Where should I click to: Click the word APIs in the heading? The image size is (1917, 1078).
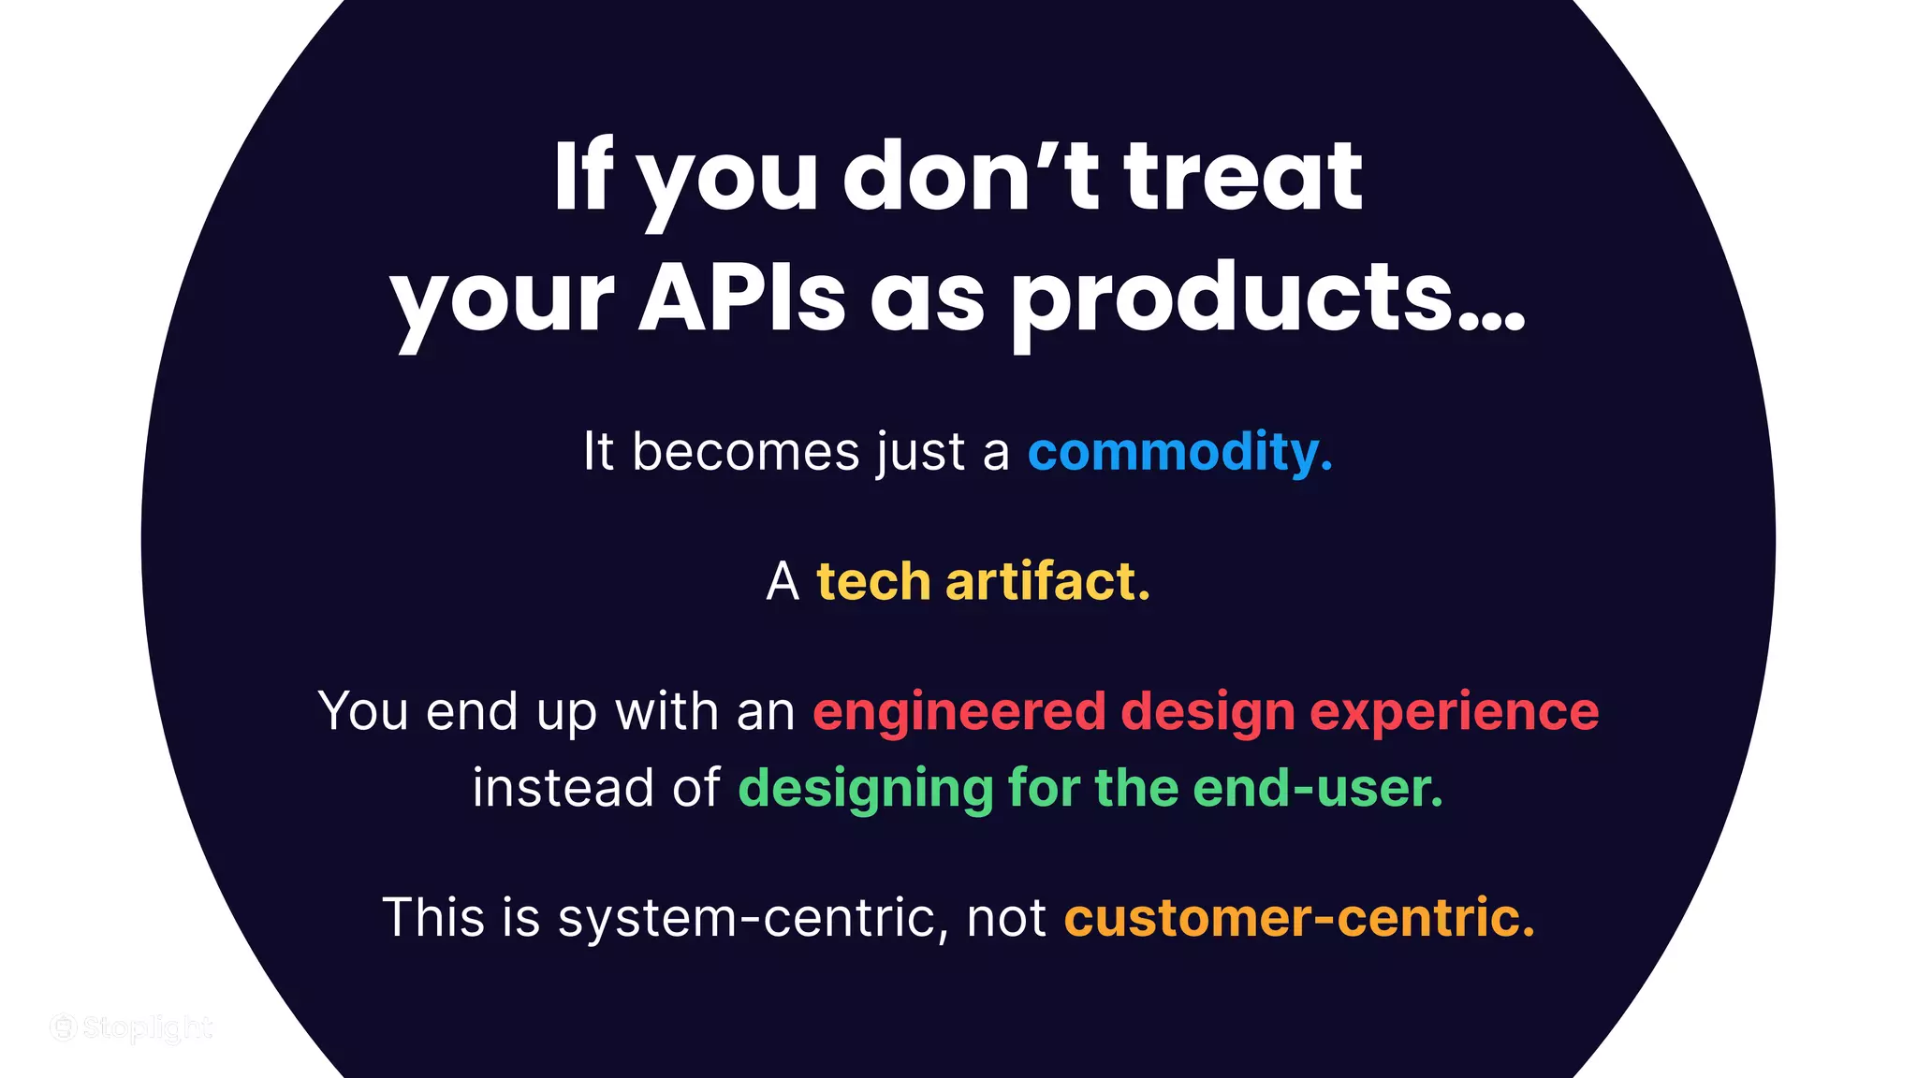point(741,297)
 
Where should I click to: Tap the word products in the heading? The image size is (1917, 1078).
point(1234,297)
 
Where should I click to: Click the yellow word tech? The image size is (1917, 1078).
point(873,581)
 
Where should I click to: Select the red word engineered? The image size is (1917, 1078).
point(959,711)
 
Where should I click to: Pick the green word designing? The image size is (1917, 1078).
point(866,788)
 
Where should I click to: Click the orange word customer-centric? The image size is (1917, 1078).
point(1299,917)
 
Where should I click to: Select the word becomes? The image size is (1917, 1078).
point(745,452)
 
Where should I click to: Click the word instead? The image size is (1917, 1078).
point(563,788)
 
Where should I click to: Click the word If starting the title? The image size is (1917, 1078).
point(582,177)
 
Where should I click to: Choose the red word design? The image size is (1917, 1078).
point(1207,713)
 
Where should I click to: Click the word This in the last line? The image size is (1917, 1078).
point(434,917)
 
